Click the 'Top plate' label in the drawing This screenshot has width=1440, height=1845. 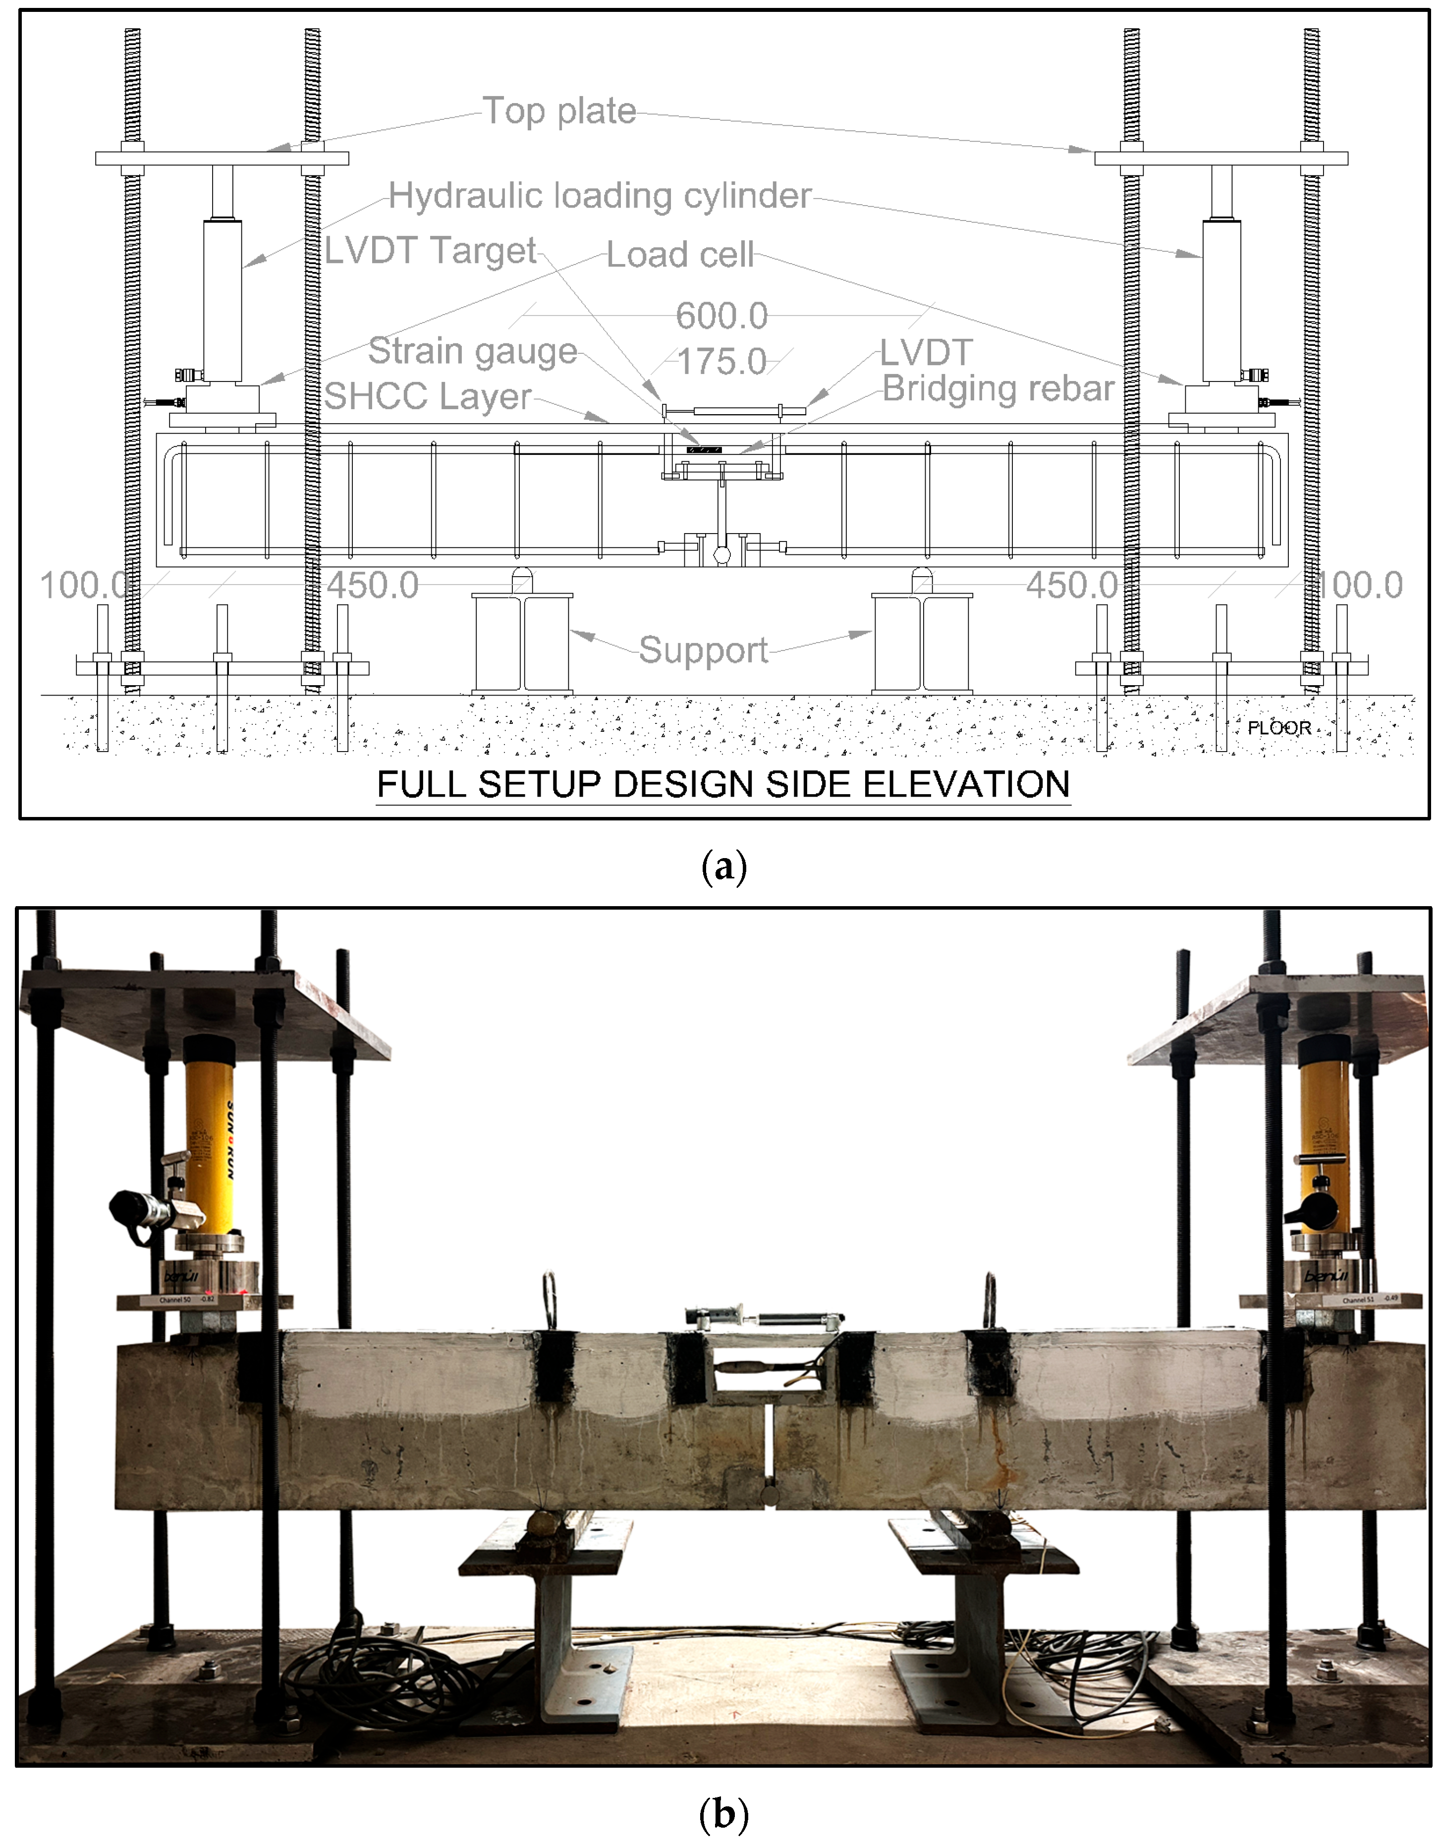coord(558,110)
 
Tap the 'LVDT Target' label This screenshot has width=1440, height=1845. coord(430,250)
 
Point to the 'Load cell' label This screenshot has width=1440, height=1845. coord(679,254)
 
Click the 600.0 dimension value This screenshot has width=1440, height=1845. coord(721,316)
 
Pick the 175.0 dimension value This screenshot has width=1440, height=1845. coord(721,362)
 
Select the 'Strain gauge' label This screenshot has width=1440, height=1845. coord(472,351)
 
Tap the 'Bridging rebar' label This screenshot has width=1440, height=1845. coord(998,388)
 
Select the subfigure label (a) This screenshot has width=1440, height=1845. coord(723,867)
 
